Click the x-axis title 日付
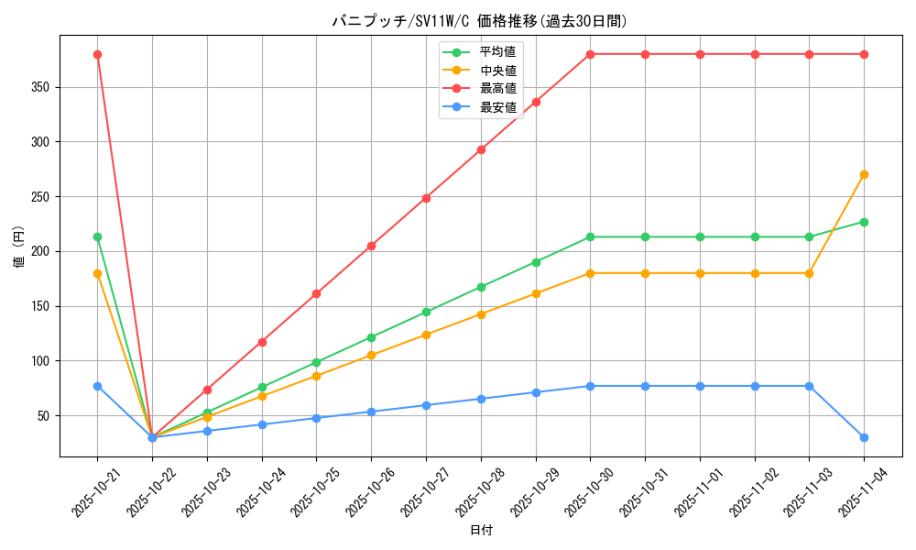[x=481, y=531]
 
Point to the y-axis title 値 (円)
[x=19, y=246]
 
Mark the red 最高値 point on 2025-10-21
[x=97, y=54]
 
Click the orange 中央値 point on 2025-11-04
[x=864, y=174]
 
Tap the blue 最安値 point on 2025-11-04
[x=864, y=437]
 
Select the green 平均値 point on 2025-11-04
[x=864, y=222]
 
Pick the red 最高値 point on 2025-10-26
[x=371, y=246]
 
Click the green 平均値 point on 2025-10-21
[x=97, y=236]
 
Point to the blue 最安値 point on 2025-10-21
[x=97, y=386]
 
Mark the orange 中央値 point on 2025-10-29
[x=536, y=293]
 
